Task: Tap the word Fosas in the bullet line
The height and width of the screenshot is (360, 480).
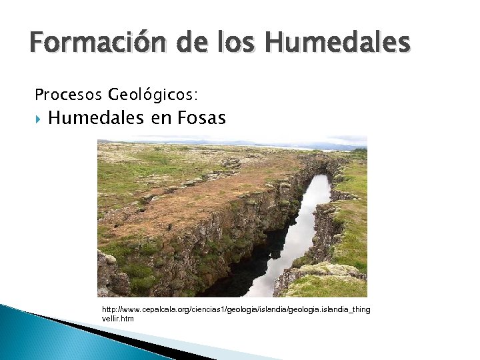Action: coord(202,119)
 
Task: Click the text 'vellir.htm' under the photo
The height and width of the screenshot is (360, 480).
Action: coord(118,319)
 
